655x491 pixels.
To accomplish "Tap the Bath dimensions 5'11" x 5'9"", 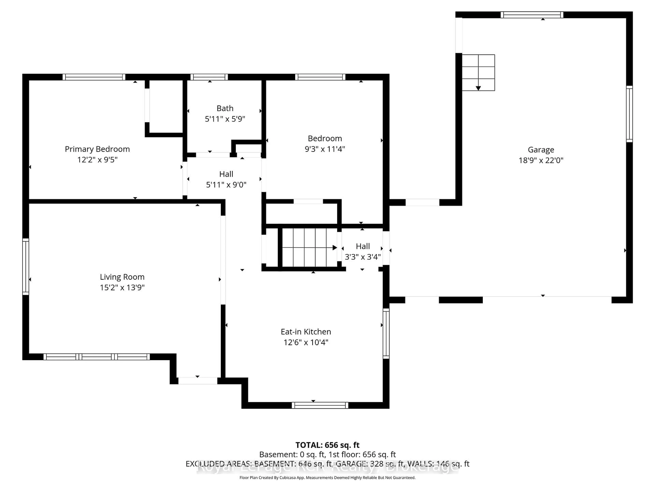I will point(225,119).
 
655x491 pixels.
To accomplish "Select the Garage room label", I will point(541,150).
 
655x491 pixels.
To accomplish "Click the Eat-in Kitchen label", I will point(306,331).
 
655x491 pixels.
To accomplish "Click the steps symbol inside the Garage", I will point(478,72).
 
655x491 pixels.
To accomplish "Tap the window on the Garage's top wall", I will point(532,15).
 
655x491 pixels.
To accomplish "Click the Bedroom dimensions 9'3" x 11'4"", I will point(325,149).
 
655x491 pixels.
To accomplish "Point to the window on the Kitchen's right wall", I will point(386,333).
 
